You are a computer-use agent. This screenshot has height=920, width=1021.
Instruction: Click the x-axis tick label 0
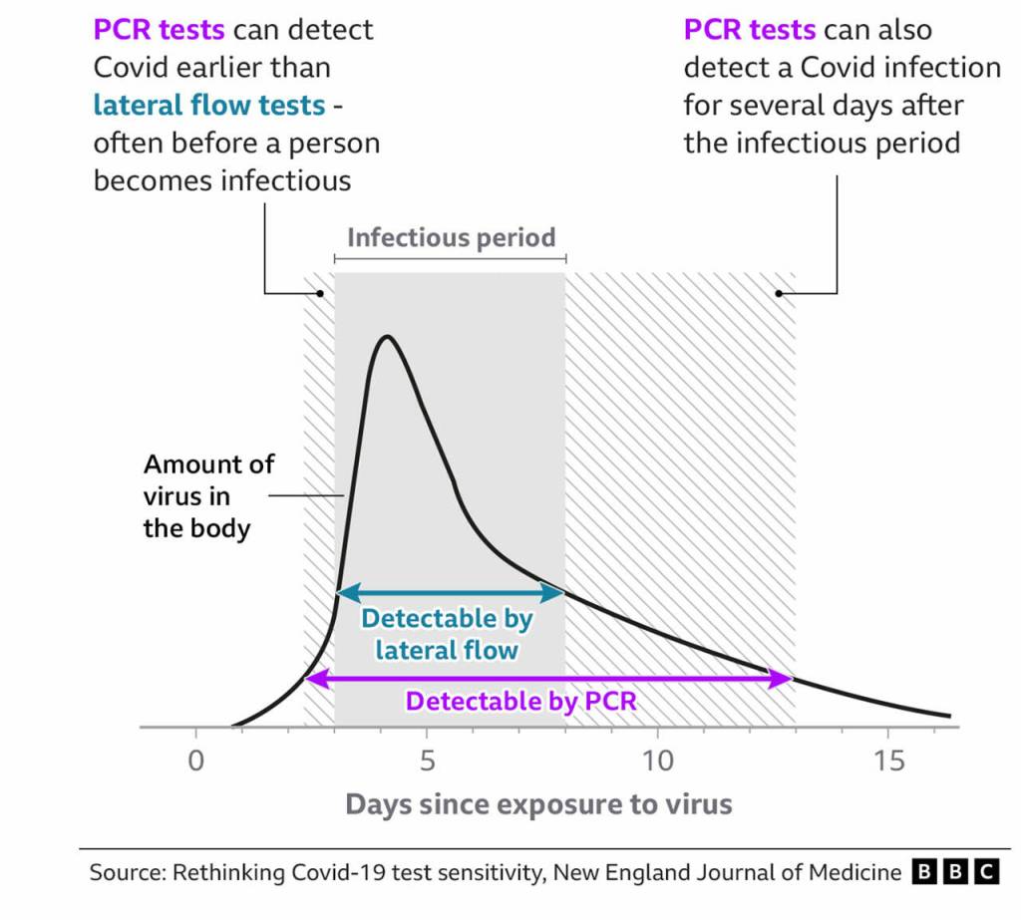195,761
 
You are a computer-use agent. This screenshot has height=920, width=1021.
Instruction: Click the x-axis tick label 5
427,761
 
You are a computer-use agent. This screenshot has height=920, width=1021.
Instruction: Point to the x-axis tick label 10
657,761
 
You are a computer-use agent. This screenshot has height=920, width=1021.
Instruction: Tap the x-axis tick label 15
888,761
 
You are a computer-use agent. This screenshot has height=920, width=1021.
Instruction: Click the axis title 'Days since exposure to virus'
538,803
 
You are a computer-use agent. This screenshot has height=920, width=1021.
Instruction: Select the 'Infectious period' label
451,238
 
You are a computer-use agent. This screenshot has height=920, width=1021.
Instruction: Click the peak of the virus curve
386,337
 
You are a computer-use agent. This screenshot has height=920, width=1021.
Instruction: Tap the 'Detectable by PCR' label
520,701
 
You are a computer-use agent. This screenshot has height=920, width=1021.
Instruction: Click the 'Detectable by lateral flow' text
447,634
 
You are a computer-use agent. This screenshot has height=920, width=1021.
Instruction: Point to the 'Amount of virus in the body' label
208,495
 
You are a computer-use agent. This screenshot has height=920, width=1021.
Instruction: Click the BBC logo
955,872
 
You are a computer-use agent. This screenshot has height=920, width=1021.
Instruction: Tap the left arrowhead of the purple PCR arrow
311,679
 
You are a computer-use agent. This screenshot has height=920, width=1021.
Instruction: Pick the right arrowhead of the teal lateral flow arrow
557,593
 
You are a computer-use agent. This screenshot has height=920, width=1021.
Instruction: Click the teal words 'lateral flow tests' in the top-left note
209,105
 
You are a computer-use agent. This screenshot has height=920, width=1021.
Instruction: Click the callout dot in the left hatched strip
319,293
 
